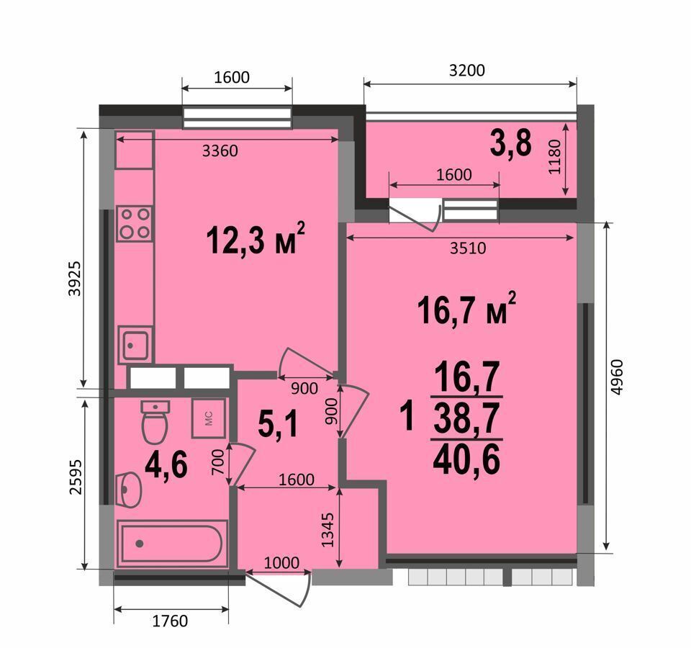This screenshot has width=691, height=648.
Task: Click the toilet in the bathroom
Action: click(155, 421)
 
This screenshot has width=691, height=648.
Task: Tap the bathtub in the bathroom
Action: click(172, 543)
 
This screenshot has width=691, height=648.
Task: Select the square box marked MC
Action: click(209, 418)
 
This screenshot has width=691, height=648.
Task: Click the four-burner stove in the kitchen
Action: click(135, 223)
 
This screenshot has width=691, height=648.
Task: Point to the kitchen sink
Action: click(135, 345)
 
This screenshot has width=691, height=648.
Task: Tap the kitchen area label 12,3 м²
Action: click(256, 238)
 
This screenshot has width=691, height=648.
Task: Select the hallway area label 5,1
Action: click(279, 423)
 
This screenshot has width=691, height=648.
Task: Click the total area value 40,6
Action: click(466, 459)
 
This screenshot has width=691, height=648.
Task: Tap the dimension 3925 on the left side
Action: click(74, 279)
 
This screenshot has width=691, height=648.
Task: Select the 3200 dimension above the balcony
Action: click(466, 71)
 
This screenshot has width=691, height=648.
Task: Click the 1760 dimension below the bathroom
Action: click(170, 621)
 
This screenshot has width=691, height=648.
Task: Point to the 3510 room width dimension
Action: click(468, 248)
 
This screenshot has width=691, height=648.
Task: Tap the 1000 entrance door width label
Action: click(281, 562)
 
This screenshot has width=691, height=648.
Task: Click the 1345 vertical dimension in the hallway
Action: click(328, 529)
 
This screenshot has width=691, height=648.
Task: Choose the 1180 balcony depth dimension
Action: click(554, 157)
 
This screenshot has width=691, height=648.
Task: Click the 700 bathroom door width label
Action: click(218, 462)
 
